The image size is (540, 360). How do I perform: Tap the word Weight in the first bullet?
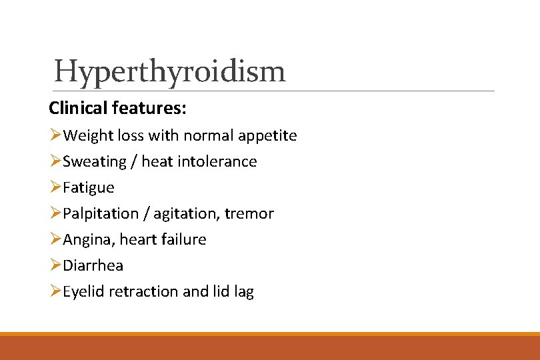(x=85, y=136)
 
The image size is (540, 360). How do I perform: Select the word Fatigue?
(x=88, y=188)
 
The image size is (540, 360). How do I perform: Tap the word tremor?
(x=249, y=214)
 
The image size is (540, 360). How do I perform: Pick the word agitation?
(x=189, y=214)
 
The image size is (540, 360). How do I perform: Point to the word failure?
(x=183, y=239)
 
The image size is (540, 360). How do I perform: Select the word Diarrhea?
(x=93, y=265)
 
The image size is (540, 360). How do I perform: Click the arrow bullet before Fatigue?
(x=55, y=188)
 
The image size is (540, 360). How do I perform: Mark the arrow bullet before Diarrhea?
(x=55, y=265)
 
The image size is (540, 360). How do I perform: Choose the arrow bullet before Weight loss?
(x=55, y=136)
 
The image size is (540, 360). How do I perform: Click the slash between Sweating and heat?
(x=134, y=162)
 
